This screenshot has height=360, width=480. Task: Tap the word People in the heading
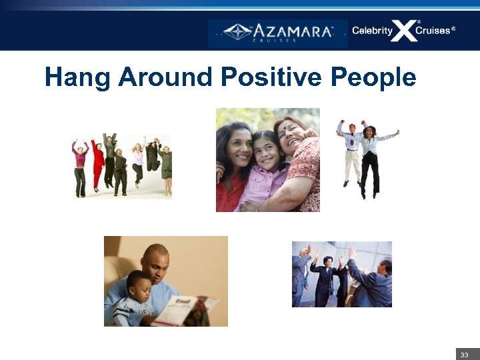click(373, 78)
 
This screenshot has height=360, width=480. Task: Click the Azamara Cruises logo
click(277, 33)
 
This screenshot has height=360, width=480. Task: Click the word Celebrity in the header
click(372, 31)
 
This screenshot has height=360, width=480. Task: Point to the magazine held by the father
click(187, 311)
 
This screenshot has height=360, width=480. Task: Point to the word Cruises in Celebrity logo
click(435, 31)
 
